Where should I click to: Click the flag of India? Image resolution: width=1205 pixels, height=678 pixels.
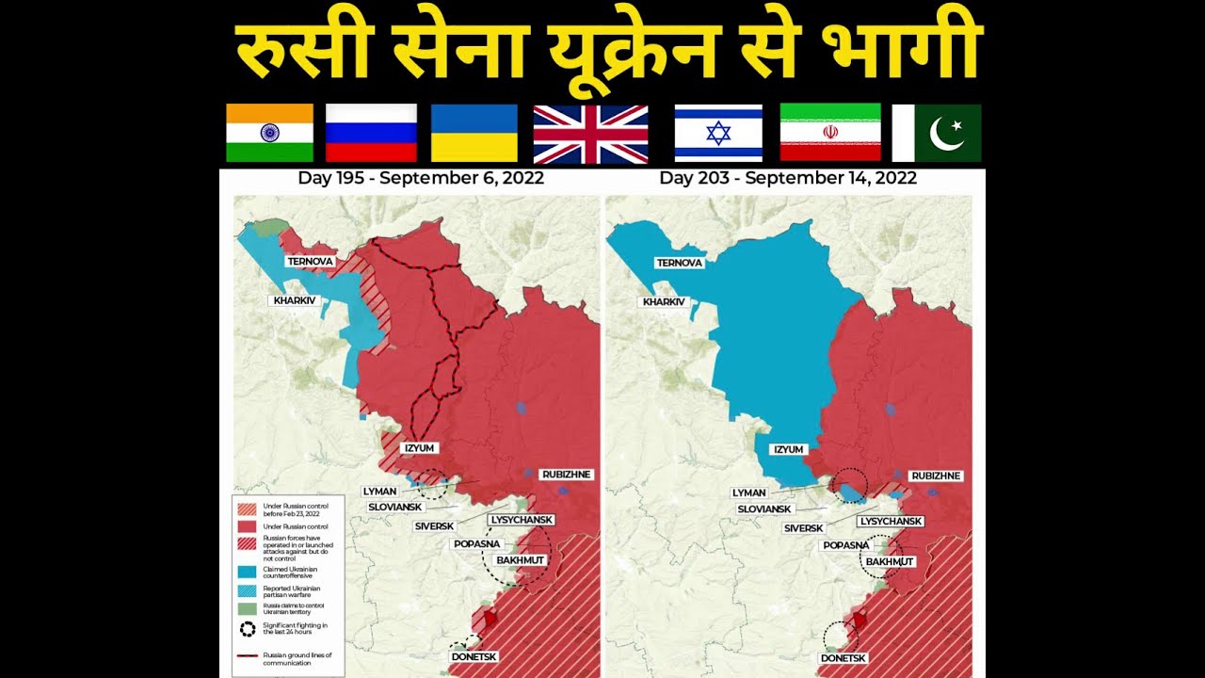click(269, 133)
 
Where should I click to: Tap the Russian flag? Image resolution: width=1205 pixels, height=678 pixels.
click(371, 133)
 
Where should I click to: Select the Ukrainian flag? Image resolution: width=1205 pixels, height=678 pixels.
click(474, 133)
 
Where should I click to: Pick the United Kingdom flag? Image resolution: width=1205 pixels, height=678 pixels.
click(590, 134)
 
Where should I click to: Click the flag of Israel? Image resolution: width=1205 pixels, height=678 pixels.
click(718, 133)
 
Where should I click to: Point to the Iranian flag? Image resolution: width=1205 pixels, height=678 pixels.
click(830, 133)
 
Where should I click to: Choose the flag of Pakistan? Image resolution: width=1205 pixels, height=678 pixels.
click(936, 133)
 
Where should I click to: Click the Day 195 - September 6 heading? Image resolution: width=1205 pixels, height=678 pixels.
click(421, 177)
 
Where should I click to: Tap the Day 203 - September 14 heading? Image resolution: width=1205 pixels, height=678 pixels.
click(788, 177)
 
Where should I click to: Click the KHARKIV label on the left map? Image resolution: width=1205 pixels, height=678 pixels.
click(295, 300)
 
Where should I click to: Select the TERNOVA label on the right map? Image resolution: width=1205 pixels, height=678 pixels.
click(680, 263)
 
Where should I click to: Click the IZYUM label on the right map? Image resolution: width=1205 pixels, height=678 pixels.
click(788, 449)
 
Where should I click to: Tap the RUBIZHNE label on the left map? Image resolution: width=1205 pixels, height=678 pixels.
click(566, 475)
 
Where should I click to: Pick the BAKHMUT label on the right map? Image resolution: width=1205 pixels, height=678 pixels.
click(890, 562)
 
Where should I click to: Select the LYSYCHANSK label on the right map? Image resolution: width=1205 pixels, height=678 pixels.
click(890, 521)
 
